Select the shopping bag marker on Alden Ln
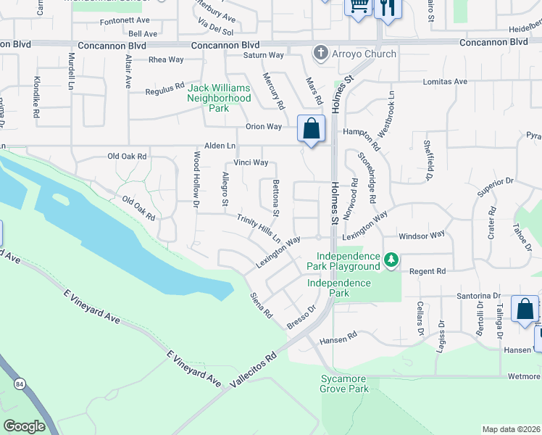coord(311,130)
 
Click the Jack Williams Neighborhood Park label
coord(220,98)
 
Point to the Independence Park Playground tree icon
coord(391,259)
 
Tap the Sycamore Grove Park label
coord(344,384)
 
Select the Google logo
coord(24,426)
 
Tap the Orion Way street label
coord(263,126)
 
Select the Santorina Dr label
coord(478,296)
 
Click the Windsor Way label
coord(424,236)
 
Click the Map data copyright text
coord(510,429)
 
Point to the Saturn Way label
coord(263,54)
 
